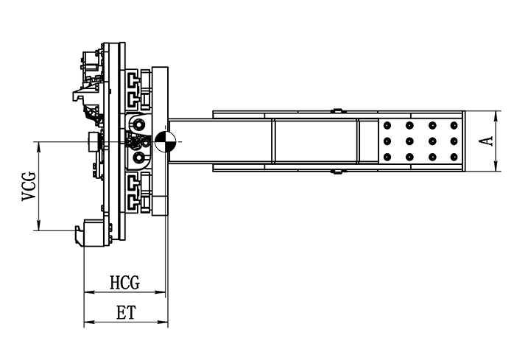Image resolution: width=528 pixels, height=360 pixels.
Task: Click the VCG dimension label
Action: [29, 186]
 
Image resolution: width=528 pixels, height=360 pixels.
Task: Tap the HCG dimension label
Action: [124, 283]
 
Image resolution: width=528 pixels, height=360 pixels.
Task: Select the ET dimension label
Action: [126, 313]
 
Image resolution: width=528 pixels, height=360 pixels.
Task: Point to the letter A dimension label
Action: [486, 141]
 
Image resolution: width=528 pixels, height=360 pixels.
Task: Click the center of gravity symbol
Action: [166, 141]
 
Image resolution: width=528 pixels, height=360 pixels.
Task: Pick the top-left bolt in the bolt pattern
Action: [387, 125]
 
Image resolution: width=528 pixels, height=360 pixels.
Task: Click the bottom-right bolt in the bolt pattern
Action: [454, 157]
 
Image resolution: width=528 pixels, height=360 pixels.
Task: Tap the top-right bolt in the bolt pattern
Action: [454, 125]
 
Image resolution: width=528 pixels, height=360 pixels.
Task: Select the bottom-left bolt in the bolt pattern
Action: [387, 157]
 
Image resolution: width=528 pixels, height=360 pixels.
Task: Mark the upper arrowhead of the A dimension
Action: [496, 116]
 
